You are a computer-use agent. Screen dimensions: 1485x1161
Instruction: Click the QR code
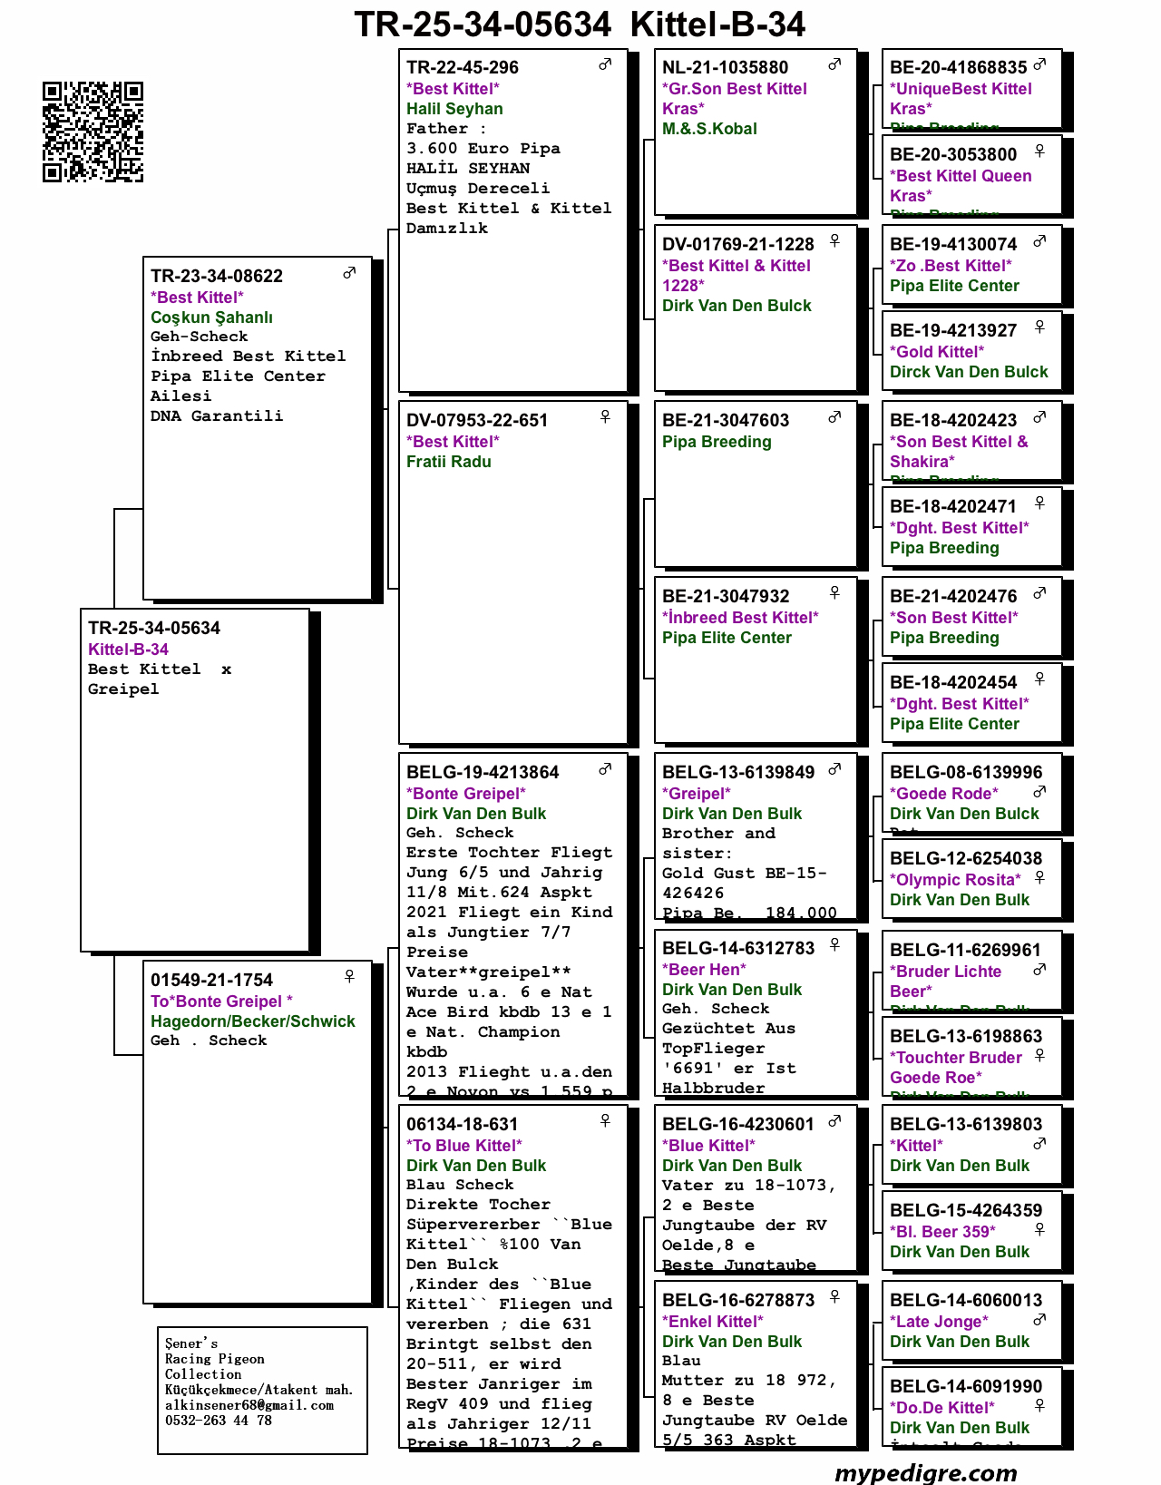click(93, 132)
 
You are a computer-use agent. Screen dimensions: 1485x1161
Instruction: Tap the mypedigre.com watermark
click(925, 1471)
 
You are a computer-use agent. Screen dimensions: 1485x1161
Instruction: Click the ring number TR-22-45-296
click(463, 67)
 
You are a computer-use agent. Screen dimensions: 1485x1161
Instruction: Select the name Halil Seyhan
click(454, 109)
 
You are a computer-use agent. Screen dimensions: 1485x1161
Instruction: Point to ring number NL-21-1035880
click(725, 67)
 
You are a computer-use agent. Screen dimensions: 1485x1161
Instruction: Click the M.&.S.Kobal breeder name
click(709, 129)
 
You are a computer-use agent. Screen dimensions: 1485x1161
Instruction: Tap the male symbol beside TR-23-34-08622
click(349, 273)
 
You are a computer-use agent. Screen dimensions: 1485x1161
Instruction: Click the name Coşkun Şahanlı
click(211, 318)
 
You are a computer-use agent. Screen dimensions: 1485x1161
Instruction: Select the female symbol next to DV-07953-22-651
click(605, 417)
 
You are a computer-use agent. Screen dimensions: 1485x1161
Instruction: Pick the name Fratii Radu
click(449, 462)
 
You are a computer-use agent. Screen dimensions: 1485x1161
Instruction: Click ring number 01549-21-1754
click(211, 980)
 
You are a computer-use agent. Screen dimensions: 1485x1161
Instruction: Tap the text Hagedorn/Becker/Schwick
click(253, 1021)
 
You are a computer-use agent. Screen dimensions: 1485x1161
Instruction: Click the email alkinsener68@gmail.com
click(249, 1405)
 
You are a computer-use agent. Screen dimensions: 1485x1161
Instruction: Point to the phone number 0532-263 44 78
click(219, 1421)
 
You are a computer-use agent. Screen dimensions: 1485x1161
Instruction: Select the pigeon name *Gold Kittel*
click(937, 352)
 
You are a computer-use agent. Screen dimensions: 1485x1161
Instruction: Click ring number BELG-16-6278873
click(738, 1300)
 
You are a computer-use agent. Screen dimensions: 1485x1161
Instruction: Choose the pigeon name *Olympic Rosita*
click(955, 880)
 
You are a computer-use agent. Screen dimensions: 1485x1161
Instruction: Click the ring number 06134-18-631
click(463, 1124)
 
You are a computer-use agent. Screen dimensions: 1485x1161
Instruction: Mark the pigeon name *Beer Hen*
click(704, 970)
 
